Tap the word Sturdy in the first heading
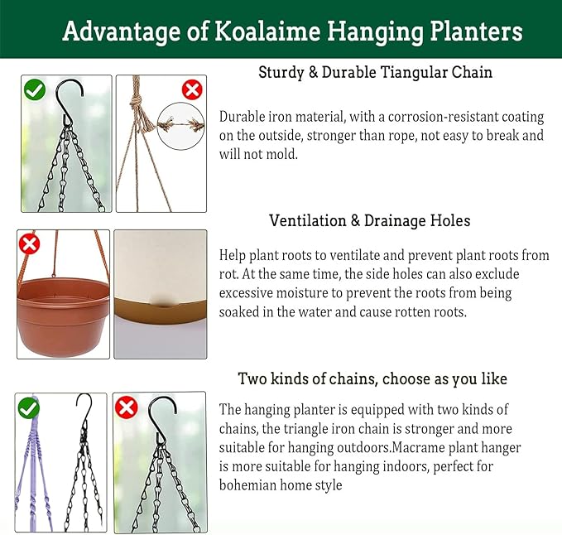281,72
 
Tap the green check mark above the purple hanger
29,407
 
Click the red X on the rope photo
192,89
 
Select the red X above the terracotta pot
30,243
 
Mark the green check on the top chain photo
35,89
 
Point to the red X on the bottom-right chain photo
126,407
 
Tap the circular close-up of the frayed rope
181,125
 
